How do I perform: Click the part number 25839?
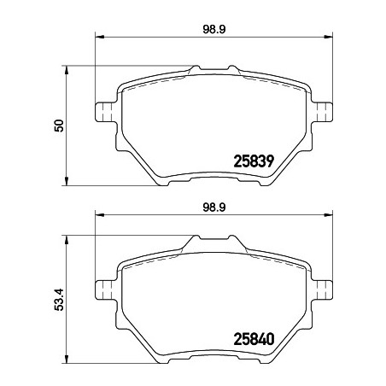pos(254,161)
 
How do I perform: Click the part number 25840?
pos(254,339)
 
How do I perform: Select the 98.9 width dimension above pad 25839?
pos(214,29)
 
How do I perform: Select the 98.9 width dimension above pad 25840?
pos(214,208)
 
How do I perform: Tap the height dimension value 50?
pos(59,126)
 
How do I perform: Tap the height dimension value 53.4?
pos(59,299)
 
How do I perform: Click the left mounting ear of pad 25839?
pos(106,112)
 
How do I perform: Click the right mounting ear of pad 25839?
pos(322,112)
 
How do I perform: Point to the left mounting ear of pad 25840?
pos(106,290)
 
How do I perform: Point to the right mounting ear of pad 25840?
pos(322,290)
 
